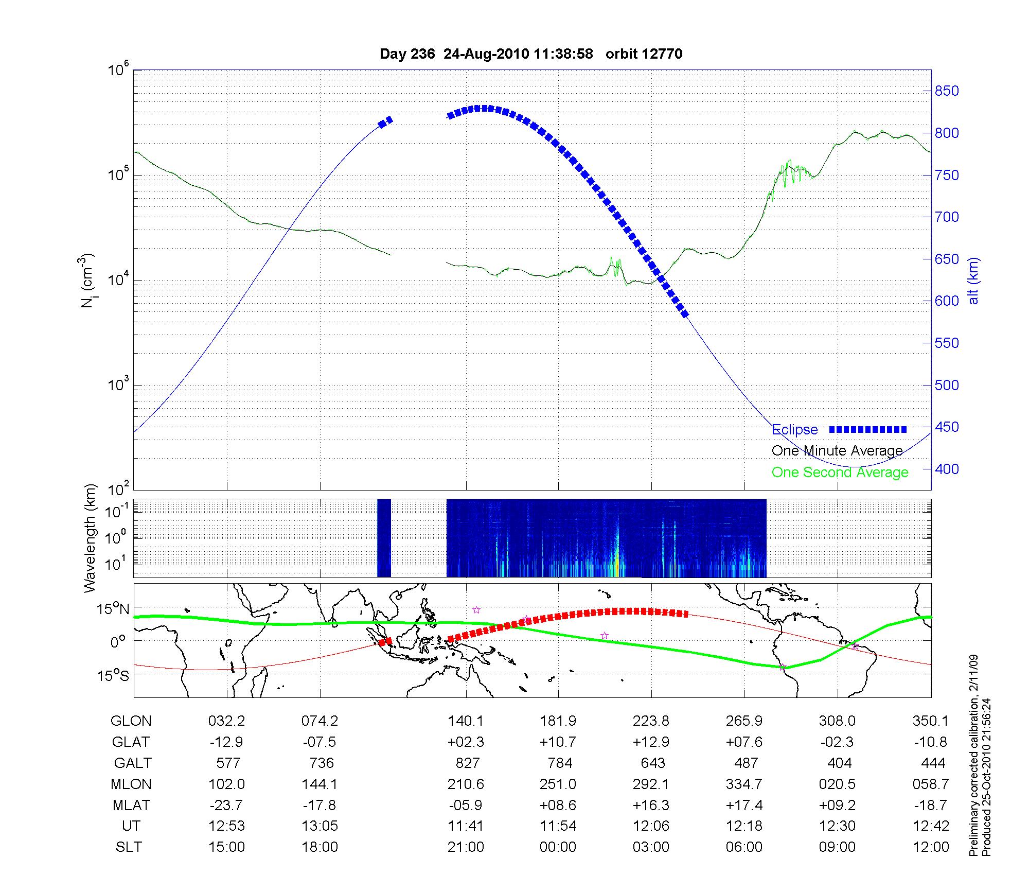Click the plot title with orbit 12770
[x=531, y=54]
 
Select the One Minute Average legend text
[x=837, y=451]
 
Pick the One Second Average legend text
[x=840, y=472]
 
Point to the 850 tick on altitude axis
[x=947, y=91]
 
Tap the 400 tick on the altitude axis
[x=947, y=469]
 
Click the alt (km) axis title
[x=973, y=281]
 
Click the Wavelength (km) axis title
[x=90, y=538]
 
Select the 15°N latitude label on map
[x=113, y=609]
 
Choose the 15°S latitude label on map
[x=113, y=675]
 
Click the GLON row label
[x=131, y=721]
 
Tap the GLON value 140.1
[x=466, y=721]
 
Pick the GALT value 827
[x=467, y=763]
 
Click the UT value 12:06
[x=651, y=826]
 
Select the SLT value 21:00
[x=466, y=847]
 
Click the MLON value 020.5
[x=837, y=784]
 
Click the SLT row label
[x=129, y=847]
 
